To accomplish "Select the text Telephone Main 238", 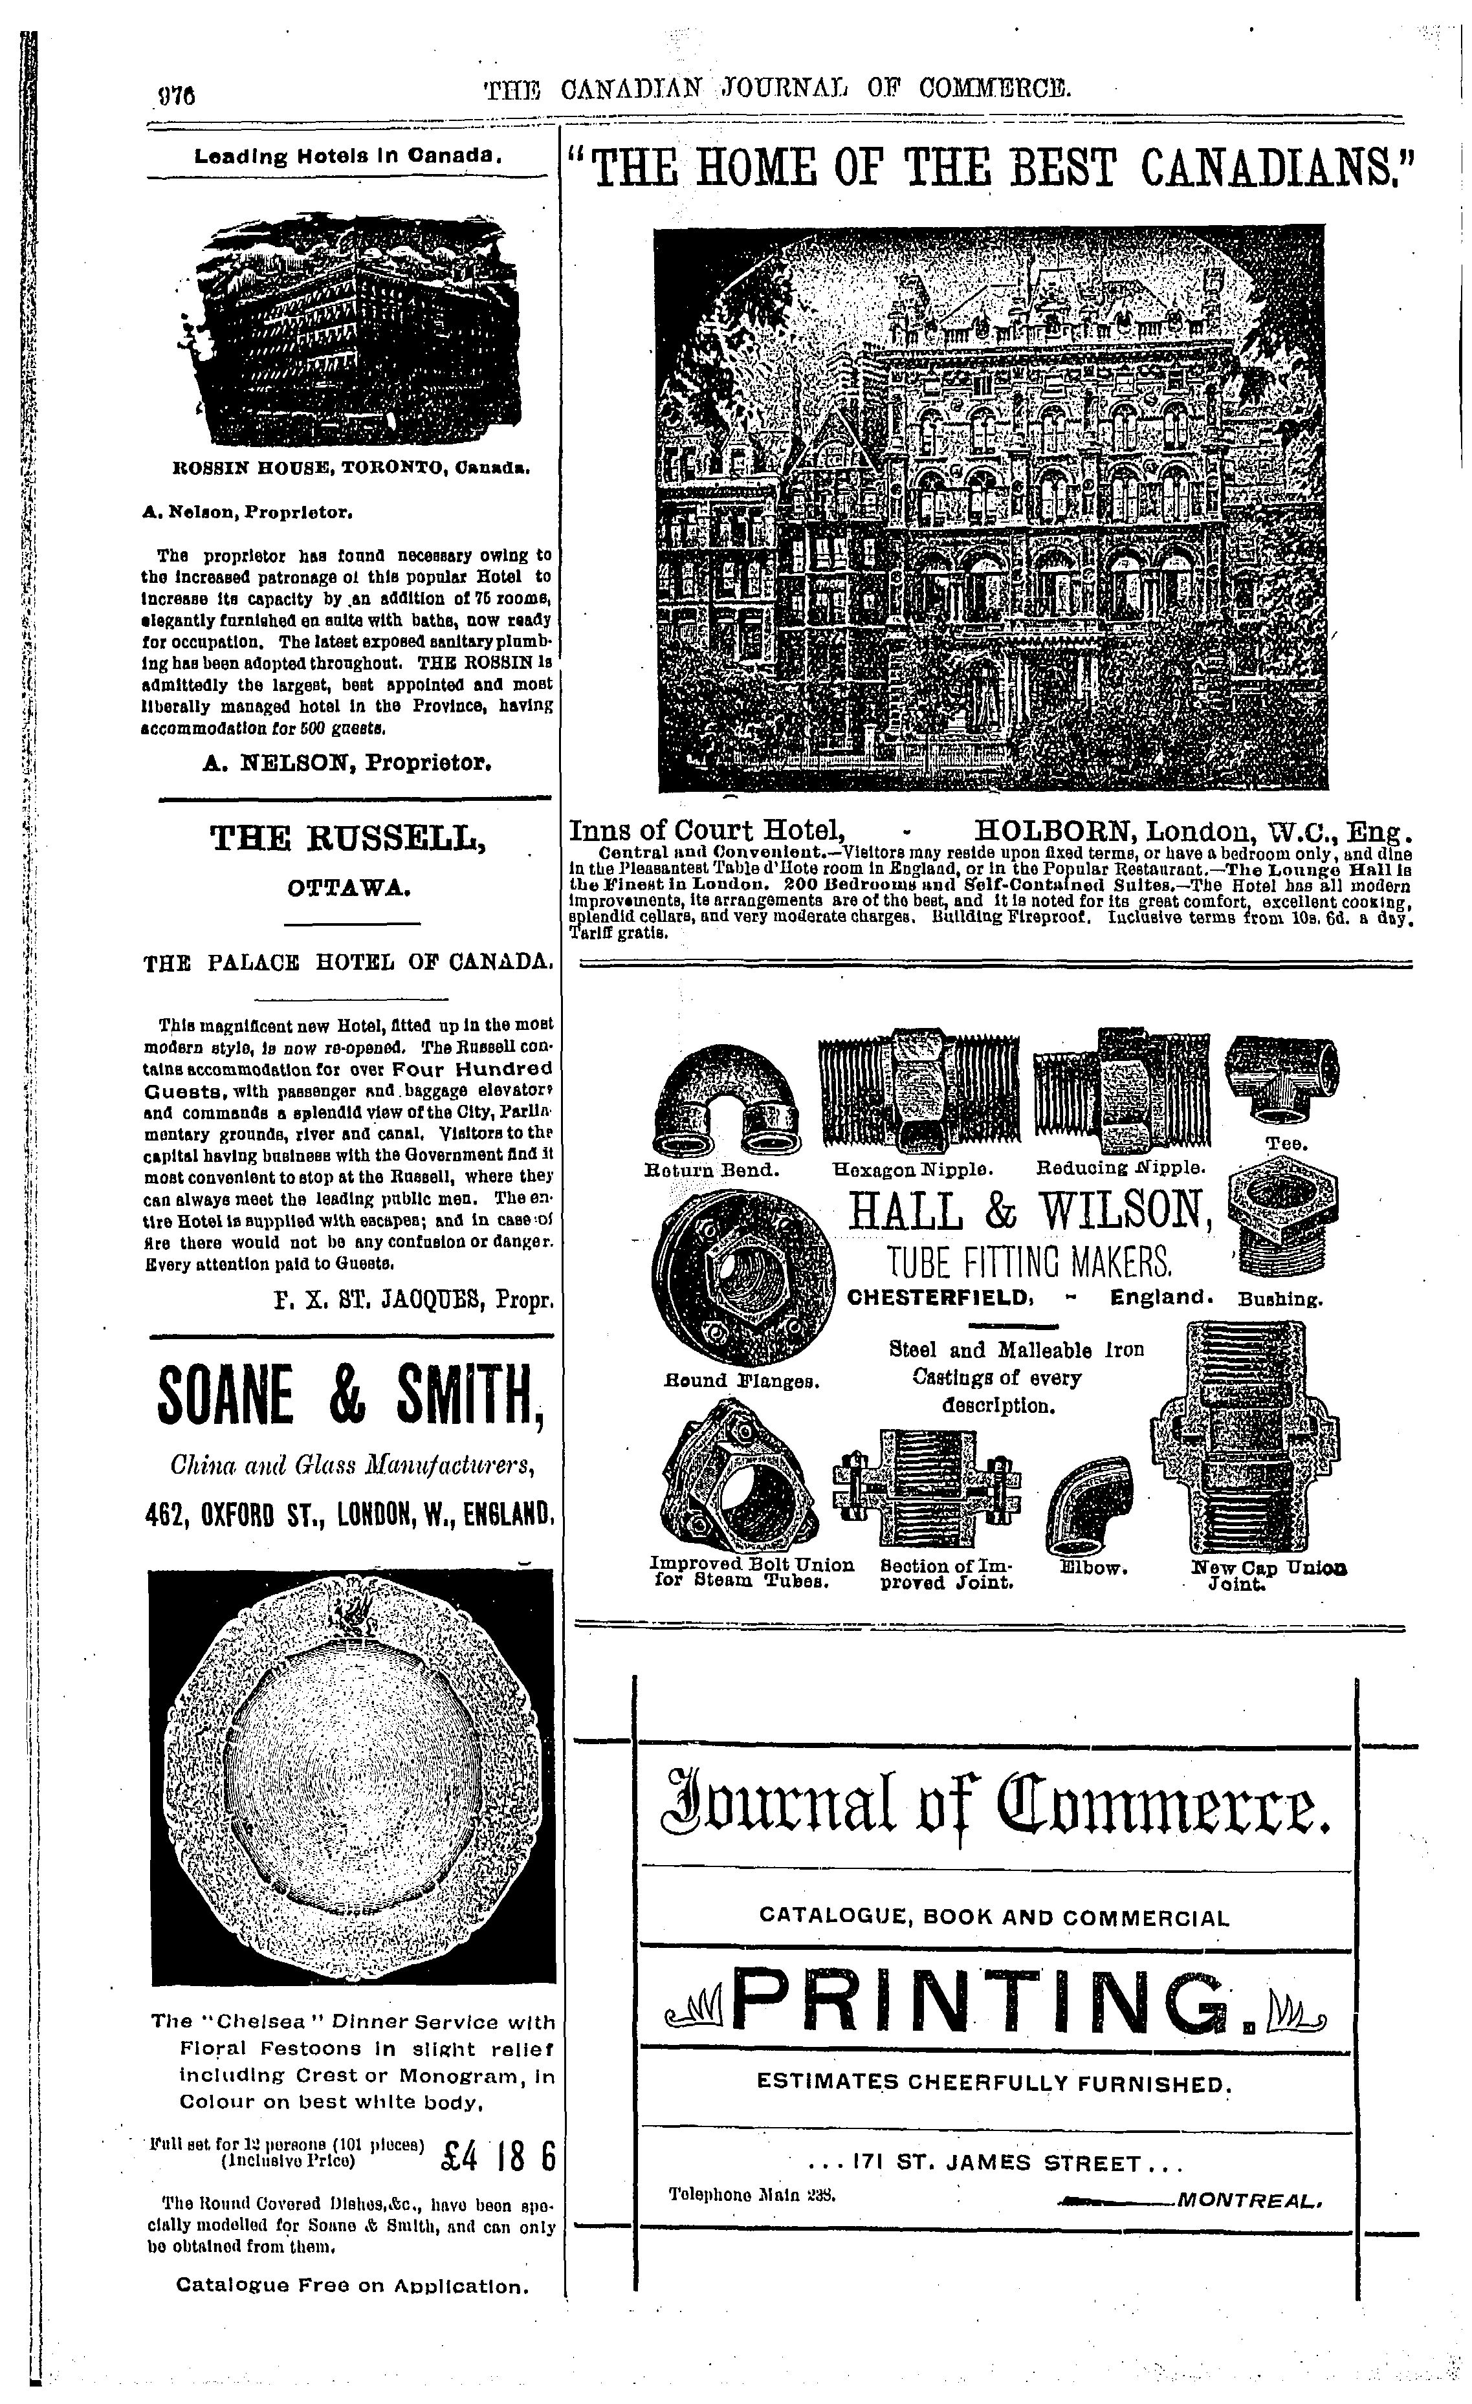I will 753,2194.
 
